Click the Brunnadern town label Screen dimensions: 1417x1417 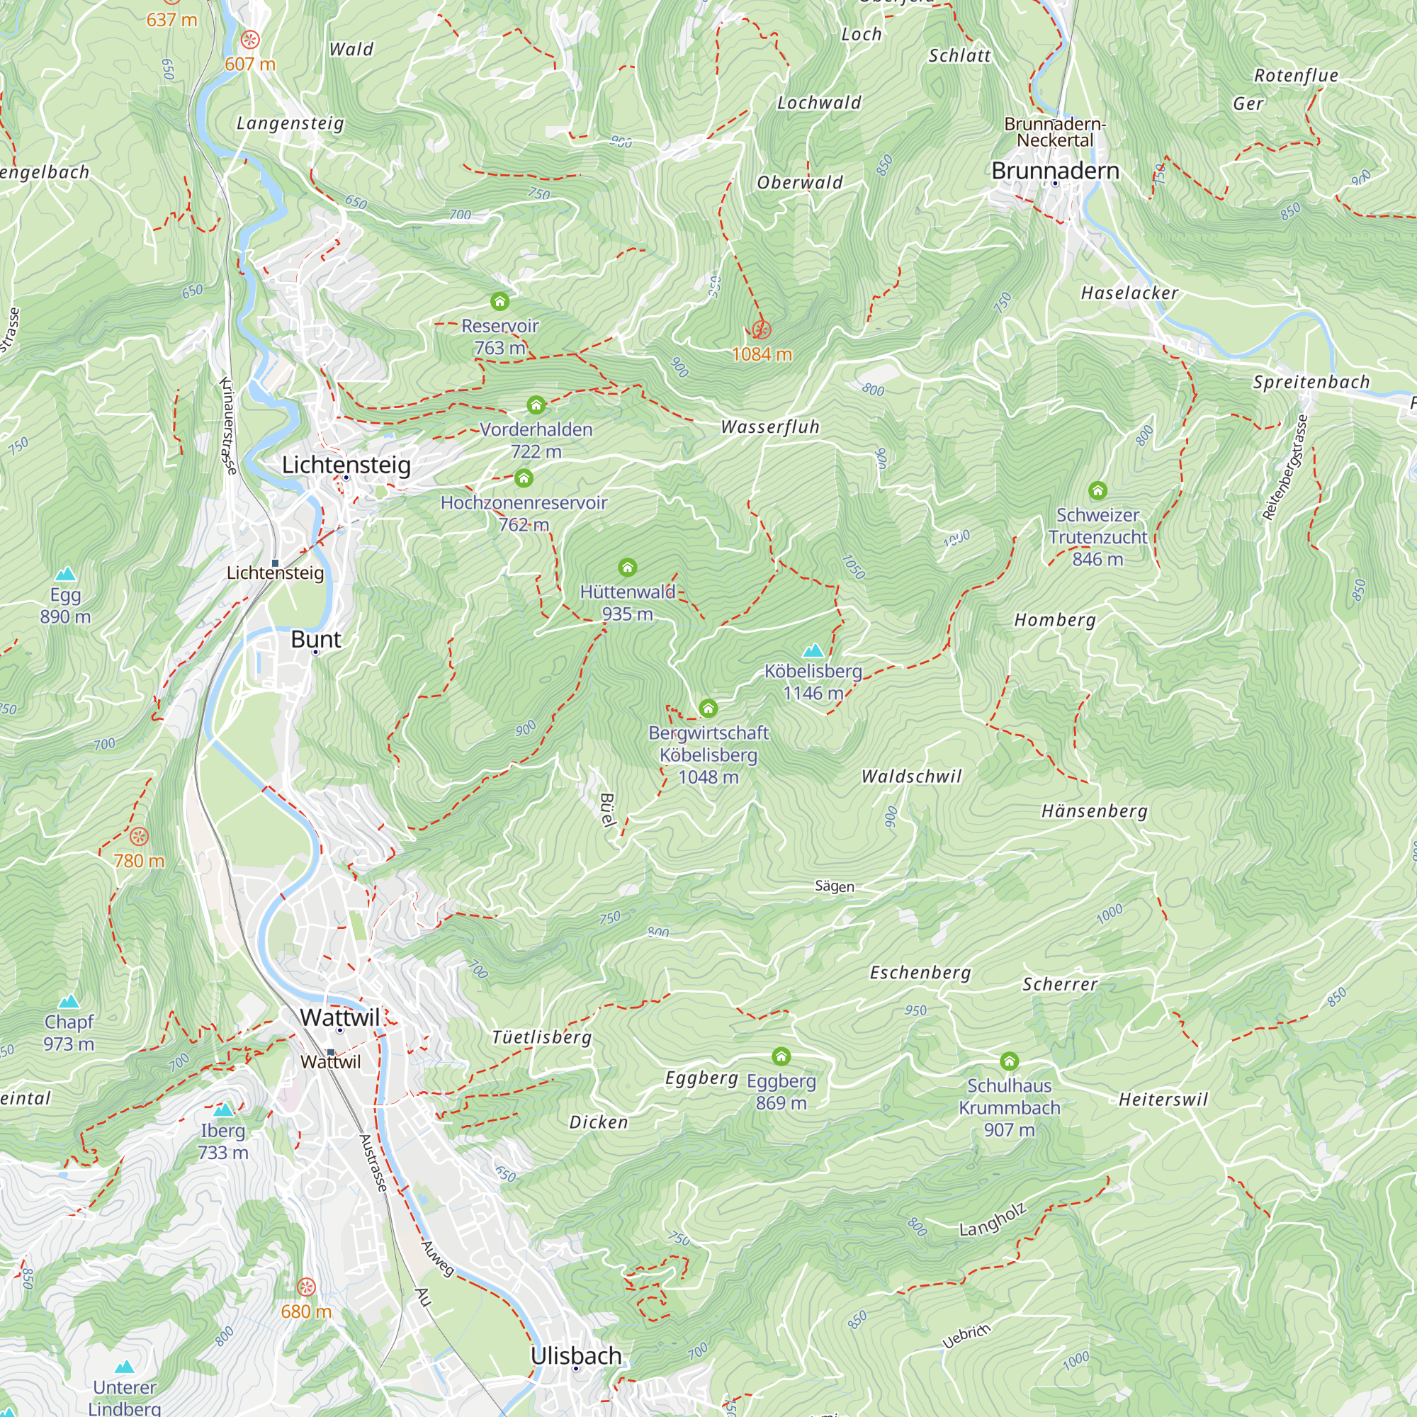(x=1055, y=171)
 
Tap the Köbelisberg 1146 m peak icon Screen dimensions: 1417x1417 (x=813, y=650)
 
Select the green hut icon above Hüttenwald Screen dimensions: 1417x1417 (x=627, y=567)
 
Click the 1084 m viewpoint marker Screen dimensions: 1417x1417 (x=762, y=330)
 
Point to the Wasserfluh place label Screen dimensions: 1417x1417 (x=769, y=427)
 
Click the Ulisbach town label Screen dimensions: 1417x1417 (x=576, y=1355)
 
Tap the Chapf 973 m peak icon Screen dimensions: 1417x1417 (x=69, y=1001)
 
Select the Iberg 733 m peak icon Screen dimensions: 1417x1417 (x=223, y=1110)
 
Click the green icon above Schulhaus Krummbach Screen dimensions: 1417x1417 (x=1009, y=1061)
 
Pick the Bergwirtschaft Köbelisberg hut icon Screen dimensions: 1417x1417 (x=708, y=708)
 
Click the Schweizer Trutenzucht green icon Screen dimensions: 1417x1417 (x=1097, y=490)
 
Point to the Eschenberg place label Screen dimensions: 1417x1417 (x=920, y=973)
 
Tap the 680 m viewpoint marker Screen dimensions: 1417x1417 (x=306, y=1287)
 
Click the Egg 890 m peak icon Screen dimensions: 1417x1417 (x=65, y=574)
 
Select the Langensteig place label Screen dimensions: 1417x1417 (x=290, y=123)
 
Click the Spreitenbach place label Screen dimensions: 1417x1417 (x=1311, y=382)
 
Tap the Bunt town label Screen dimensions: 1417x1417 (x=315, y=639)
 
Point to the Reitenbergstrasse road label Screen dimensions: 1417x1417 (x=1285, y=467)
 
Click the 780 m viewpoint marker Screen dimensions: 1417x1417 (x=139, y=836)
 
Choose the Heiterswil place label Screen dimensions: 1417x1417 (x=1163, y=1100)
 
